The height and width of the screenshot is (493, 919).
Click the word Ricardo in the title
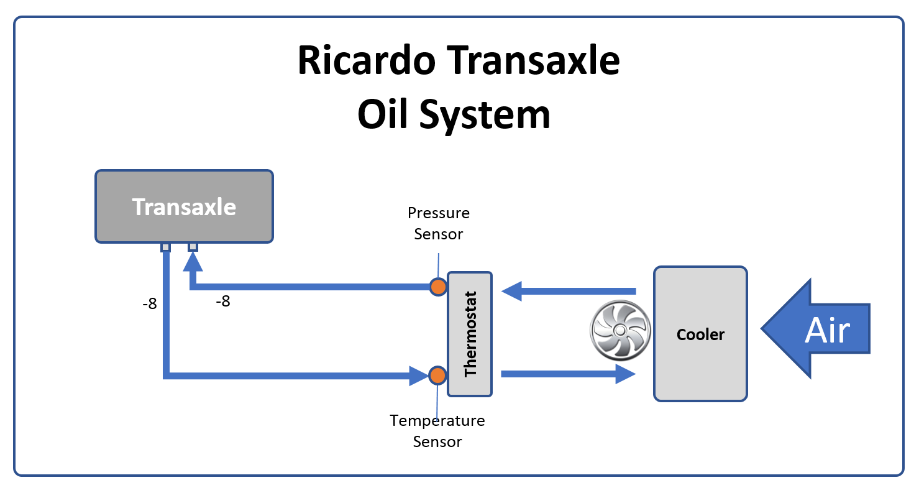[367, 60]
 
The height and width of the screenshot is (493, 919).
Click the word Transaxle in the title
[533, 60]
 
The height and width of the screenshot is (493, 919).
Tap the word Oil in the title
[383, 114]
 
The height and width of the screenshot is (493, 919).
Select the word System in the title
[485, 117]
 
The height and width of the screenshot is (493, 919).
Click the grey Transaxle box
[184, 206]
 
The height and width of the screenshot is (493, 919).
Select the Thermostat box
[470, 334]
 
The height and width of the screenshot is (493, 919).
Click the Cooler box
[700, 334]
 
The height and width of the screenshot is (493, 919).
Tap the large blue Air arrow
[816, 328]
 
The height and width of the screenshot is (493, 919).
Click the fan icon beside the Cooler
[620, 331]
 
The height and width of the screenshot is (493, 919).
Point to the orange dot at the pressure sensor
[438, 287]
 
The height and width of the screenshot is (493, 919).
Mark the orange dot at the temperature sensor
[437, 375]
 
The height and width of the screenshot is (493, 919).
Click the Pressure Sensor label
[438, 223]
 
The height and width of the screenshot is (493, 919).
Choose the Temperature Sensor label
[437, 431]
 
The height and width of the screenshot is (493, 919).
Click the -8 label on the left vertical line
[150, 304]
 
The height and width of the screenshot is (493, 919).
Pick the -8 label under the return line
[223, 302]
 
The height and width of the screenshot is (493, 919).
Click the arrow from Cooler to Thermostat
[569, 291]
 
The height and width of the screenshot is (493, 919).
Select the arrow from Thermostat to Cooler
[569, 374]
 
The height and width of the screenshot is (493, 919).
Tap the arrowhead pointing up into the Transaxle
[193, 262]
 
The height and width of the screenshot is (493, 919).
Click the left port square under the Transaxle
[165, 247]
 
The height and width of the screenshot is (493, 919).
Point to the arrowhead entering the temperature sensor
[419, 376]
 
